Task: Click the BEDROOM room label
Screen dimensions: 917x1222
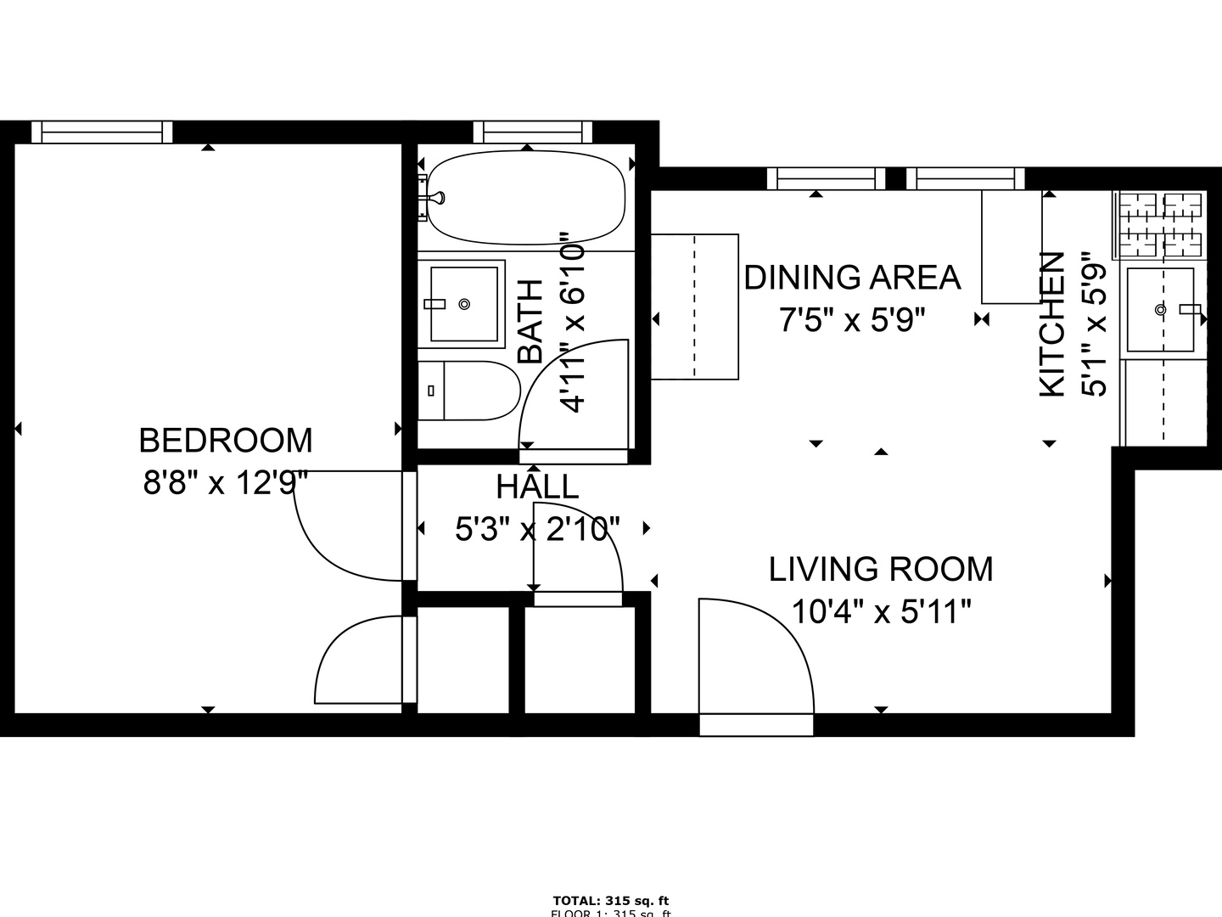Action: pyautogui.click(x=226, y=441)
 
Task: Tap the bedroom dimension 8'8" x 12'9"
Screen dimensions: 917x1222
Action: pyautogui.click(x=226, y=483)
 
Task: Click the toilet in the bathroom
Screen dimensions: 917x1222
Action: pyautogui.click(x=469, y=391)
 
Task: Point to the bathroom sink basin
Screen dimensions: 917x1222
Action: pyautogui.click(x=463, y=303)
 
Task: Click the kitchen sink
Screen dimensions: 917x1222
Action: pyautogui.click(x=1160, y=310)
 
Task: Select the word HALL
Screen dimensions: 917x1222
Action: pyautogui.click(x=537, y=487)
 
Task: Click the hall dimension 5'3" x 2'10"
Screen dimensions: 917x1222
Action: pyautogui.click(x=537, y=529)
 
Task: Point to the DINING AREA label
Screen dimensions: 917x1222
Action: pyautogui.click(x=852, y=278)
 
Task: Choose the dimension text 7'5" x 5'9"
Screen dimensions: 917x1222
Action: pyautogui.click(x=852, y=320)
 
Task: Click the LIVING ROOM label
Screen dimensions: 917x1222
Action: pyautogui.click(x=881, y=569)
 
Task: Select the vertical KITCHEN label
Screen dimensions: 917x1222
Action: pyautogui.click(x=1052, y=324)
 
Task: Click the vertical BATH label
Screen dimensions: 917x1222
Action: pyautogui.click(x=530, y=322)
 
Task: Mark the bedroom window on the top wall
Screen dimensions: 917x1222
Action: pyautogui.click(x=102, y=132)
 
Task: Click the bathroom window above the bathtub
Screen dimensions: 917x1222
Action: pyautogui.click(x=532, y=132)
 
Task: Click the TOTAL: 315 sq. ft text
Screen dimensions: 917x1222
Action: pyautogui.click(x=611, y=900)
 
